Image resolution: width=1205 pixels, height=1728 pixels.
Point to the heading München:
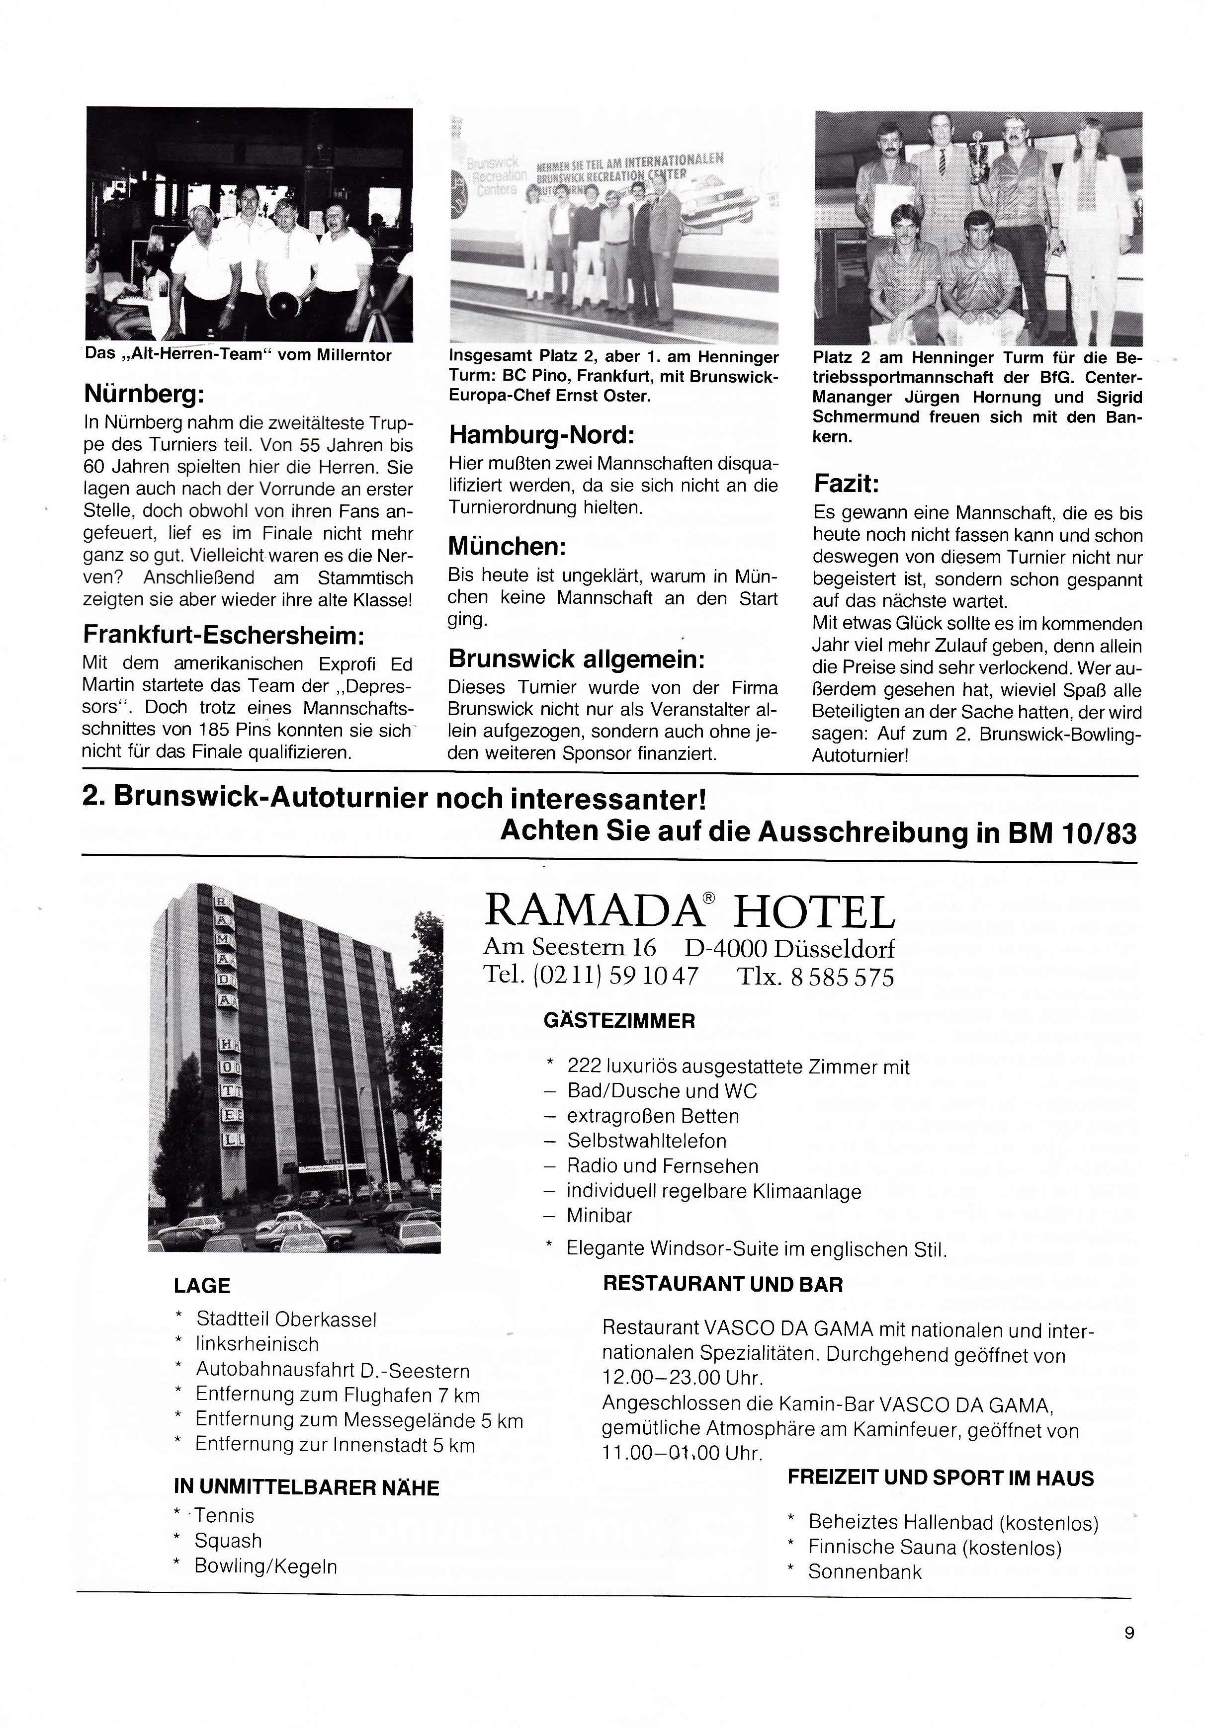(507, 546)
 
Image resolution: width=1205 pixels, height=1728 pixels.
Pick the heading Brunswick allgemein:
(577, 659)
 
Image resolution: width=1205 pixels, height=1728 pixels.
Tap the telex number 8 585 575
(842, 977)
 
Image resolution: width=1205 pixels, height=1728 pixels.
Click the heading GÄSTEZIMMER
(619, 1021)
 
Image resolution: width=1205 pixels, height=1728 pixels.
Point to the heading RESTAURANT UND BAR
(722, 1285)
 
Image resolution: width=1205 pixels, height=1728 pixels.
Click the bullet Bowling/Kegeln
(265, 1567)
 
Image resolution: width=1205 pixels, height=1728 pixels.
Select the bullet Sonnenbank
(864, 1571)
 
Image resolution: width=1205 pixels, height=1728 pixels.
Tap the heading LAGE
(202, 1286)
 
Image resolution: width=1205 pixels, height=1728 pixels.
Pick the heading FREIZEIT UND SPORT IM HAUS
(940, 1478)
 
